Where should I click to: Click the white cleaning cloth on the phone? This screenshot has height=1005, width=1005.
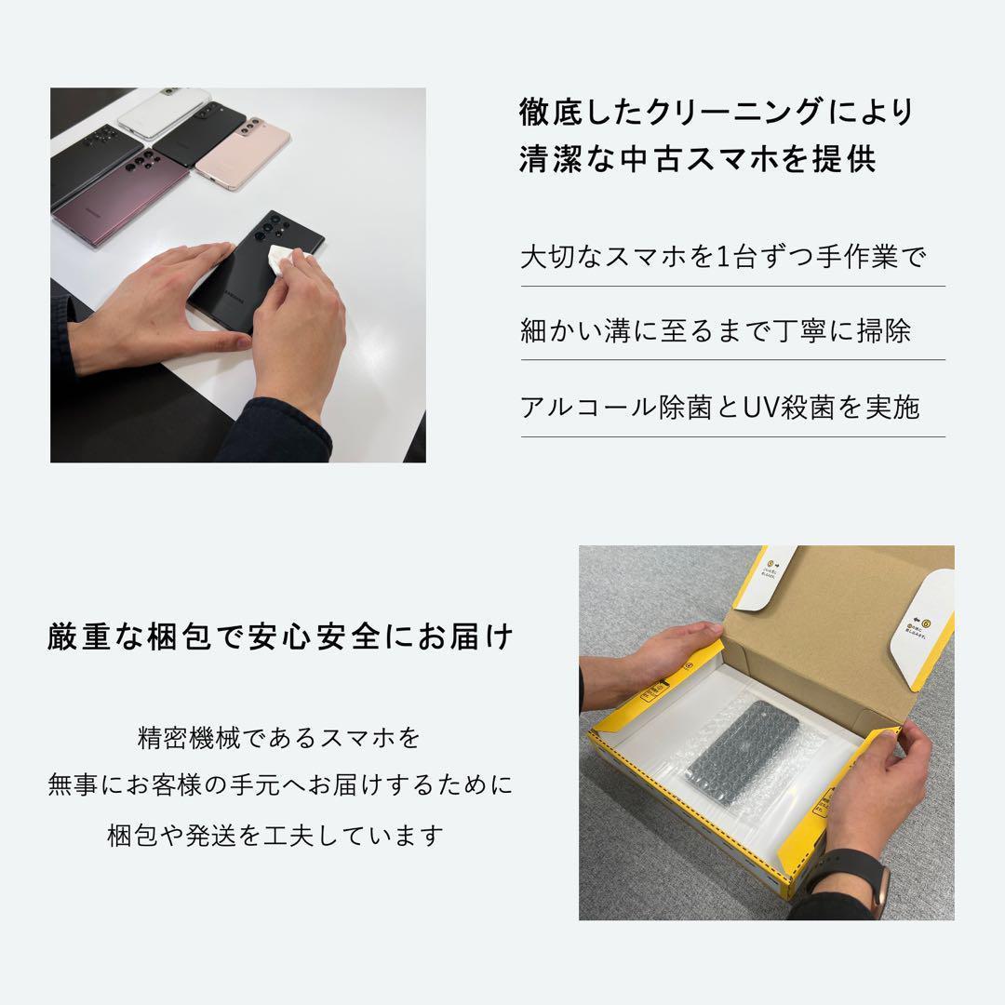point(285,261)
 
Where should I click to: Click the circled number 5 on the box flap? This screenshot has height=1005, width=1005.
point(771,563)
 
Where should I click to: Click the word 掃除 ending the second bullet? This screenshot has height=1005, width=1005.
point(885,331)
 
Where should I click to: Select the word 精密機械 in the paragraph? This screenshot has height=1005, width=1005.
point(187,738)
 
